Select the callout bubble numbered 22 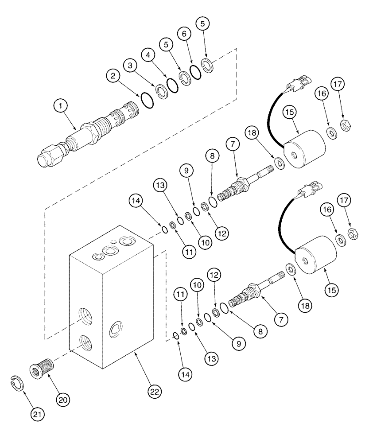click(154, 392)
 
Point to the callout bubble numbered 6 click(185, 33)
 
